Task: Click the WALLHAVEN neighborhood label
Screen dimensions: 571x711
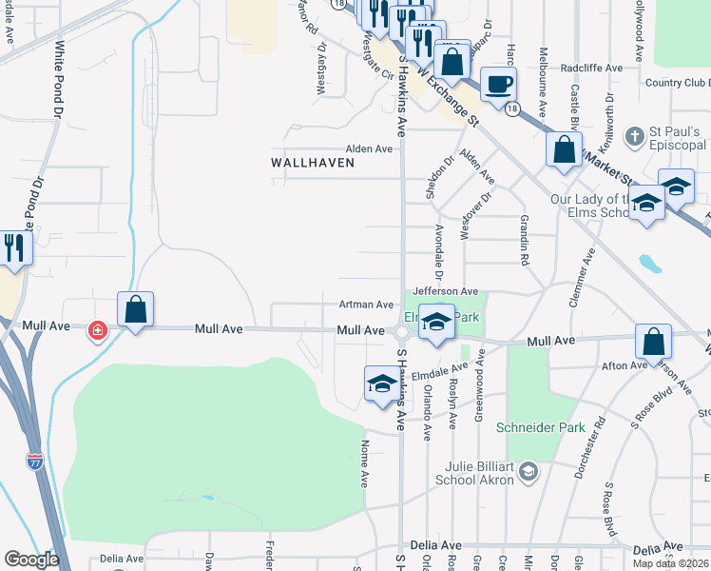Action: tap(313, 163)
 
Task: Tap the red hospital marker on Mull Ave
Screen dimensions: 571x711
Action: tap(97, 331)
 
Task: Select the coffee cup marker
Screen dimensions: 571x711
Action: tap(498, 84)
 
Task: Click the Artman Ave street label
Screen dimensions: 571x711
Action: tap(367, 305)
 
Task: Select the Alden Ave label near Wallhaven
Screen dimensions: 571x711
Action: tap(369, 149)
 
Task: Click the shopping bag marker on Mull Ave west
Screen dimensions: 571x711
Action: tap(135, 310)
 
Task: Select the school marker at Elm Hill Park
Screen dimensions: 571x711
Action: tap(436, 322)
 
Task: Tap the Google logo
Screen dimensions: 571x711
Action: tap(31, 560)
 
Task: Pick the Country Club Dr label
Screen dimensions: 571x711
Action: tap(676, 83)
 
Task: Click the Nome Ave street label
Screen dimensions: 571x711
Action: tap(365, 458)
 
